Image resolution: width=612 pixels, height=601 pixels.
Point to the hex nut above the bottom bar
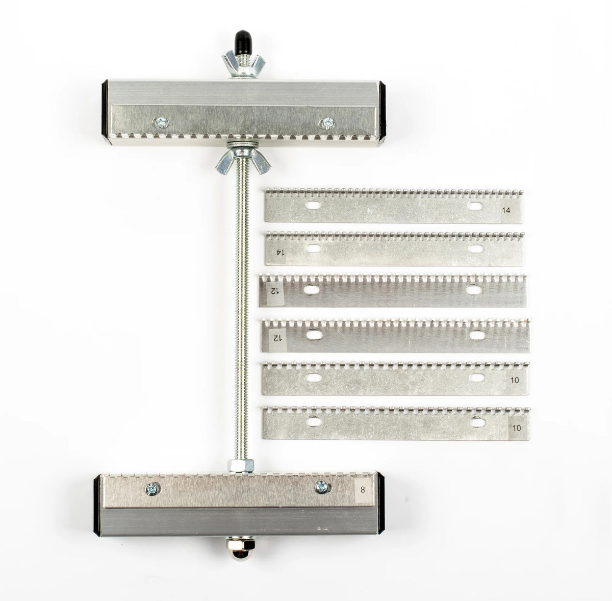point(240,466)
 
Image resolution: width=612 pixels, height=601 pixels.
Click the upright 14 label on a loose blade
point(506,210)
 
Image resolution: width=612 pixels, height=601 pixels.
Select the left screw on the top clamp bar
point(160,123)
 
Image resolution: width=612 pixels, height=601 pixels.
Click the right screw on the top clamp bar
point(327,123)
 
